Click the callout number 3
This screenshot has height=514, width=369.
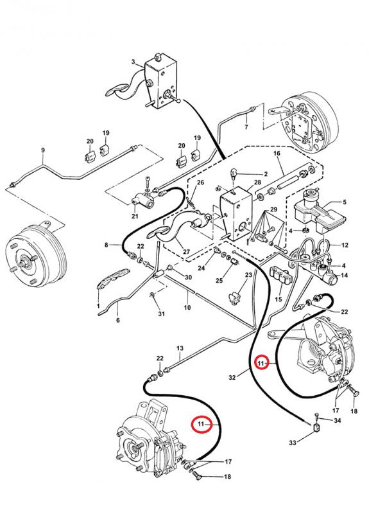pos(133,62)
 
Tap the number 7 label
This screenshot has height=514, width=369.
pos(246,127)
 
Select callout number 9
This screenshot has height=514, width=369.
pos(43,150)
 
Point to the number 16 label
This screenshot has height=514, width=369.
pos(277,154)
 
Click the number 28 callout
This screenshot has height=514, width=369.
pos(258,182)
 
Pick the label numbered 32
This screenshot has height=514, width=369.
pos(232,377)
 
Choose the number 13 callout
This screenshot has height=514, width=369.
pos(180,348)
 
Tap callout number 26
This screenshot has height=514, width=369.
pos(200,182)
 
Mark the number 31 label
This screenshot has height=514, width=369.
pos(162,314)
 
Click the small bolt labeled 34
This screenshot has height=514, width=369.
pos(316,414)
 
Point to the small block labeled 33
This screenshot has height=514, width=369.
pos(316,427)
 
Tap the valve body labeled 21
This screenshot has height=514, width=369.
pos(142,202)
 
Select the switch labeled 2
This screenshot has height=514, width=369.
pos(234,172)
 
